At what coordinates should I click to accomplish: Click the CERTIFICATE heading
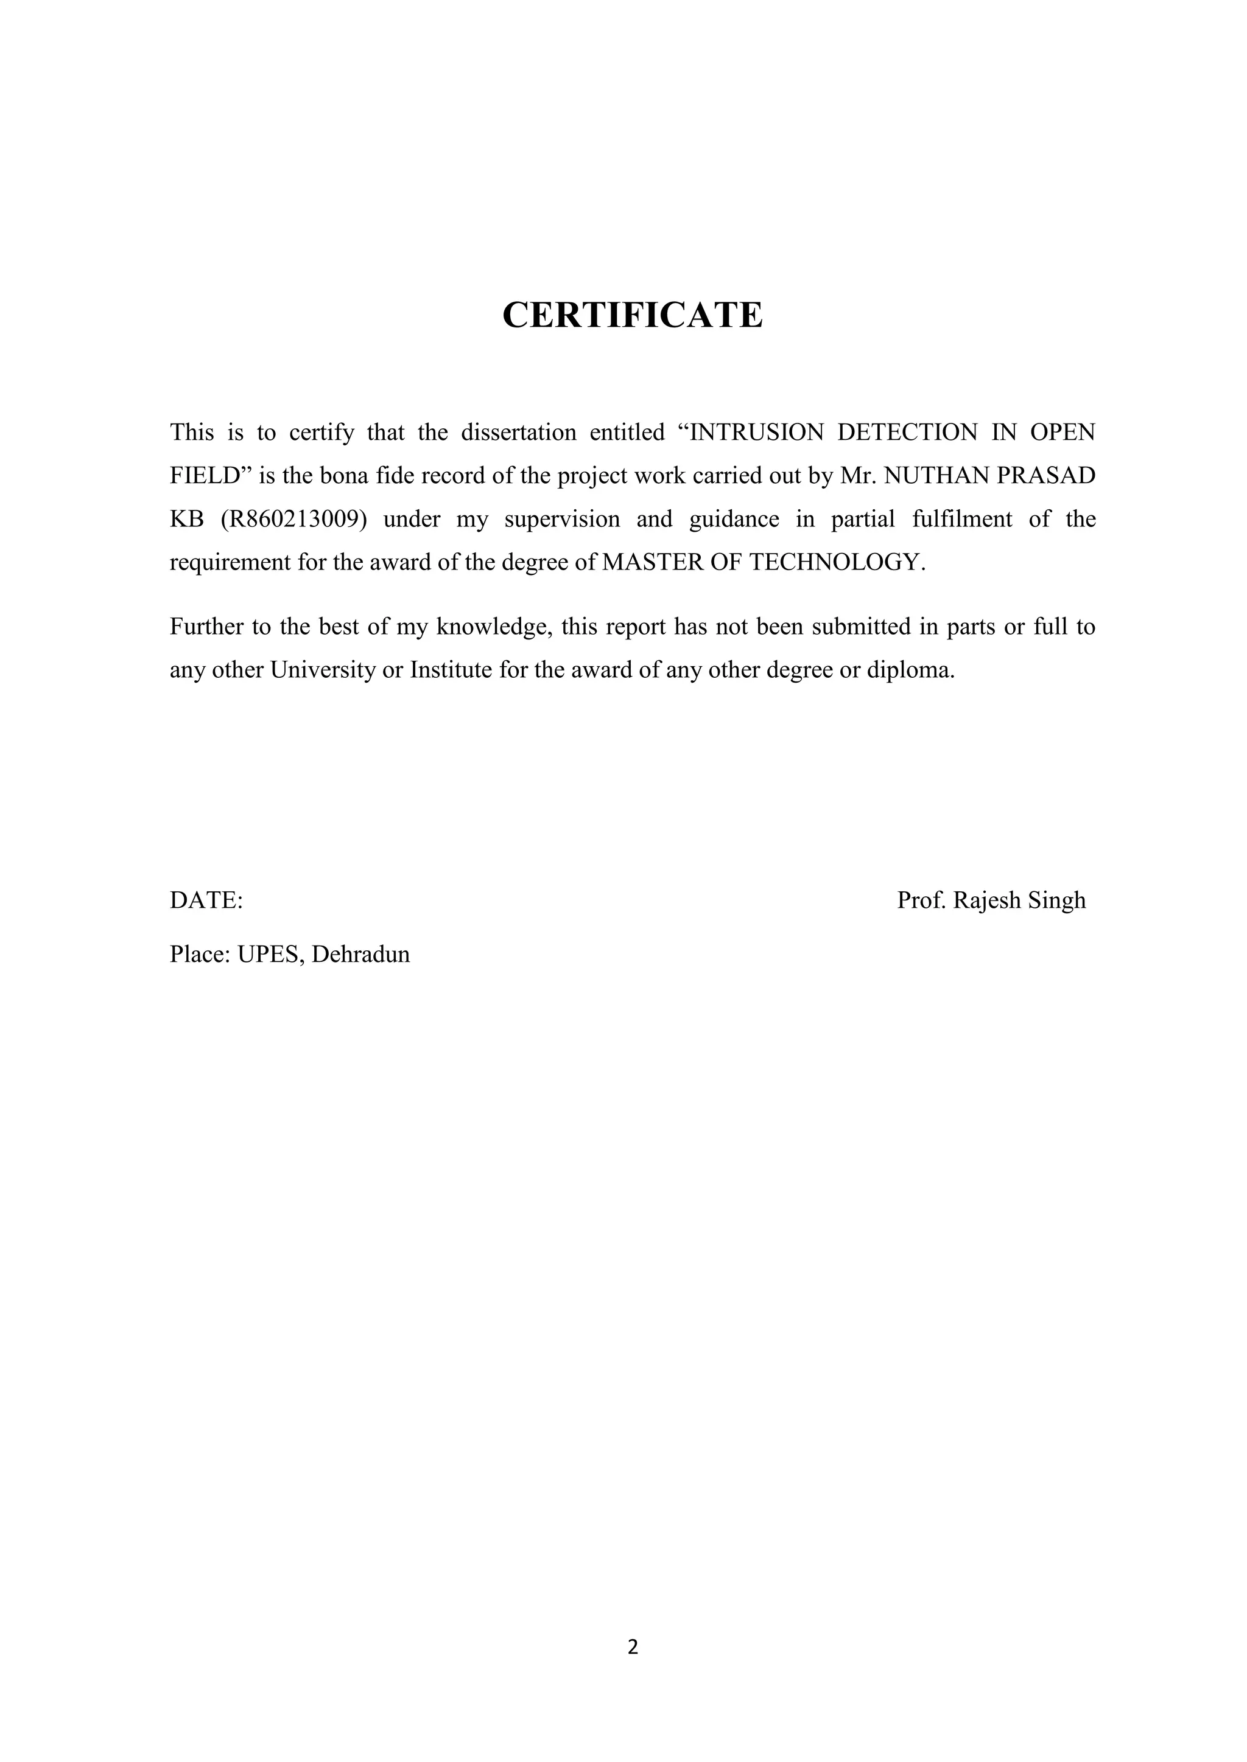pyautogui.click(x=632, y=315)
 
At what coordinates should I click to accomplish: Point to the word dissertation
pyautogui.click(x=518, y=433)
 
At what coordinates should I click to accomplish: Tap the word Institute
pyautogui.click(x=451, y=670)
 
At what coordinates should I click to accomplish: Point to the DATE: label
pyautogui.click(x=206, y=900)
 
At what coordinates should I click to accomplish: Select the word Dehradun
pyautogui.click(x=361, y=954)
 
